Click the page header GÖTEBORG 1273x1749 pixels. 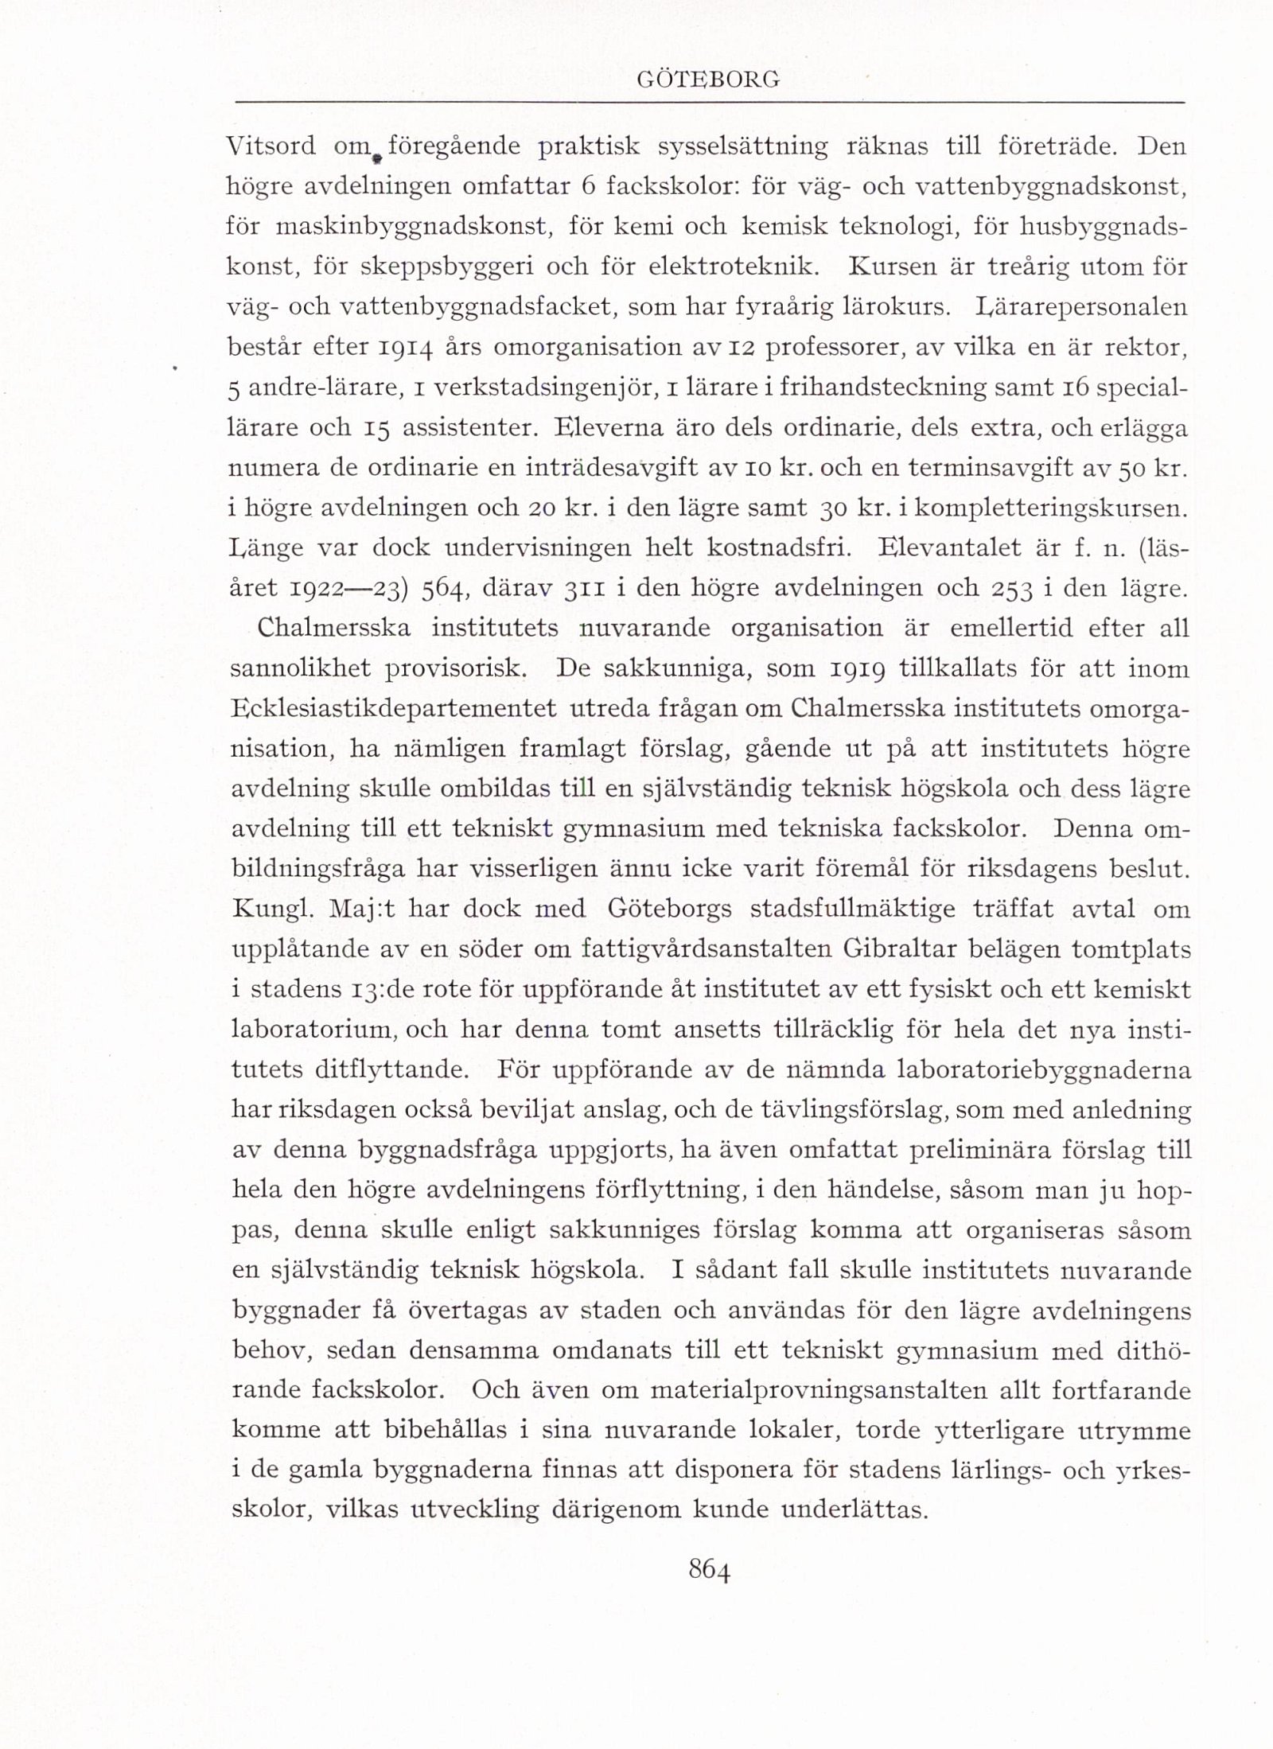click(x=709, y=80)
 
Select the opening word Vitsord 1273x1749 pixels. click(x=271, y=146)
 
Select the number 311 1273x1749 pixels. click(x=586, y=589)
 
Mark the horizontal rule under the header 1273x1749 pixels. click(x=709, y=103)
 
